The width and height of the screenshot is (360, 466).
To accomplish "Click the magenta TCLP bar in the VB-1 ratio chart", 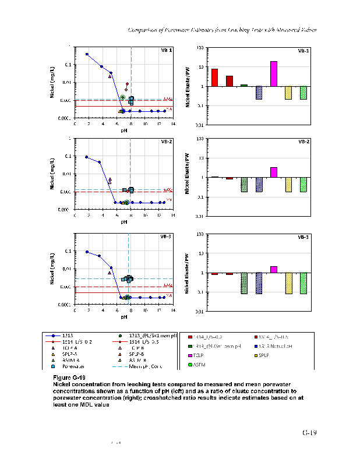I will [274, 74].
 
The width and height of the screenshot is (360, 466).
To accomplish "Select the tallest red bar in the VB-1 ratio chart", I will [214, 77].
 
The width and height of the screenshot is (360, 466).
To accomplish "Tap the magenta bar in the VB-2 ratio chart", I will [274, 172].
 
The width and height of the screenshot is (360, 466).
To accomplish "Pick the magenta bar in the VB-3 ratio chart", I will [274, 269].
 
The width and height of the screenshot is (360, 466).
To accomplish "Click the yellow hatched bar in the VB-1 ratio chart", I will [288, 93].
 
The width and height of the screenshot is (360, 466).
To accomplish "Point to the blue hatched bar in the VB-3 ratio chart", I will [259, 283].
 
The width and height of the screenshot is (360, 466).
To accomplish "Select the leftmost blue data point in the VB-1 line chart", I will [87, 54].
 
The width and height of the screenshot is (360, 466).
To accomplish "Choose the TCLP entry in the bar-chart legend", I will [208, 355].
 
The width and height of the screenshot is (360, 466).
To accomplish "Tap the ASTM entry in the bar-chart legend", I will [208, 365].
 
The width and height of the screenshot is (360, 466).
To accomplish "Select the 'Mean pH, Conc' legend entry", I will [140, 366].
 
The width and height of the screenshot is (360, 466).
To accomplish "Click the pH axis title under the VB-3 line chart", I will [124, 317].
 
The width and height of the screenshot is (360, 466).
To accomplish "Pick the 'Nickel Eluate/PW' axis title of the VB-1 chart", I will [188, 87].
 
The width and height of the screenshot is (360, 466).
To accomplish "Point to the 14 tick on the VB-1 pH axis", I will [172, 124].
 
